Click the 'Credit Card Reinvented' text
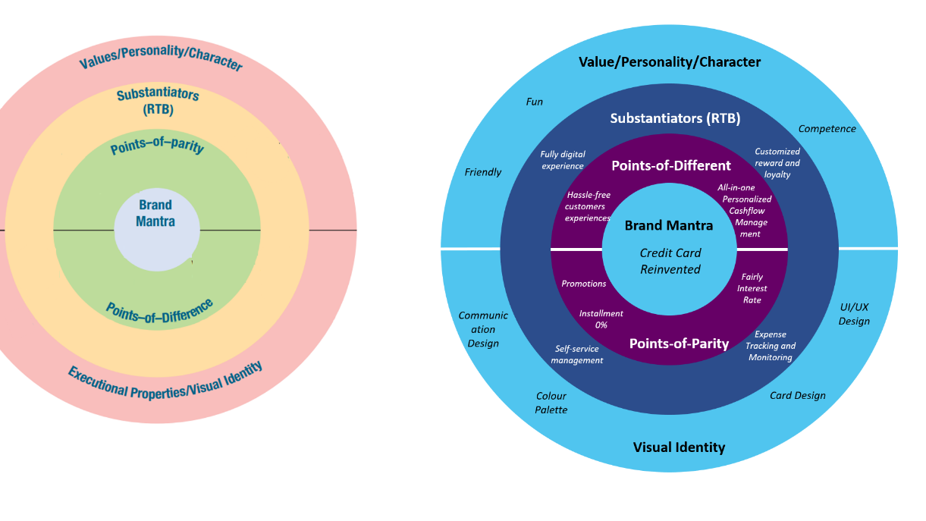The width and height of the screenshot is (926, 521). pos(670,261)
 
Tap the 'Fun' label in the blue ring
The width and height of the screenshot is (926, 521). pos(535,102)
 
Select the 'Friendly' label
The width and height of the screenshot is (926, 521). pos(483,172)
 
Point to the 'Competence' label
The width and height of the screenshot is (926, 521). pos(827,129)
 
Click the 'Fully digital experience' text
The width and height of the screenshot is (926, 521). pos(563,160)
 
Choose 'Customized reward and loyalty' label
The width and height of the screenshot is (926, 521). pos(777,163)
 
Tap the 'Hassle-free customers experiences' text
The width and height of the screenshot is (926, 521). pos(588,206)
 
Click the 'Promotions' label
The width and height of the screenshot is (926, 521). pos(584,284)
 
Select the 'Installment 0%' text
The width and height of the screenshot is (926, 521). pos(601,319)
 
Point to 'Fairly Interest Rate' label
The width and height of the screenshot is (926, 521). pos(752,288)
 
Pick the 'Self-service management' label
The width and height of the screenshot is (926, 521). pos(577,355)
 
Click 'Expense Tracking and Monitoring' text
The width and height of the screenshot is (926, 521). pos(771,346)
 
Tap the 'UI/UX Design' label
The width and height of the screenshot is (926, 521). pos(854,314)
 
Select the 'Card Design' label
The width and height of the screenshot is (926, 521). pos(798,395)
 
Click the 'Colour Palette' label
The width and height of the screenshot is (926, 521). pos(551,403)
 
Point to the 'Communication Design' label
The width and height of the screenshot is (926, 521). pos(483,329)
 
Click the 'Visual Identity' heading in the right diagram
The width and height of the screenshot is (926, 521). pos(679,447)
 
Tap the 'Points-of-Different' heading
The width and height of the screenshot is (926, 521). pos(671,165)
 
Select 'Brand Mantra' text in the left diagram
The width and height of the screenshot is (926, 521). pos(155,213)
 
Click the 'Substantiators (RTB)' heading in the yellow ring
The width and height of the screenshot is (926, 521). pos(158,102)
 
